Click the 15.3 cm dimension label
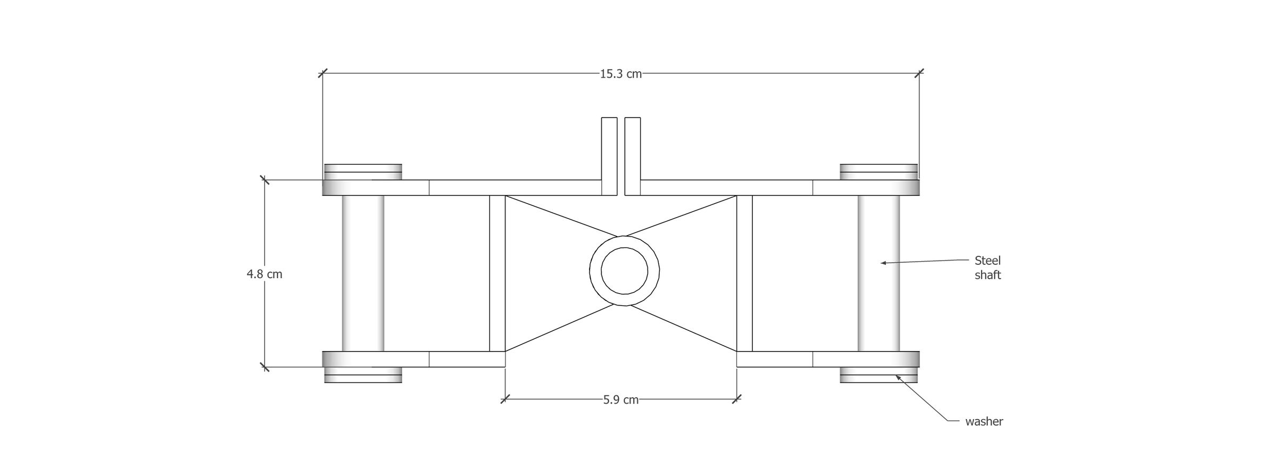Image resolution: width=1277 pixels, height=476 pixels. [x=620, y=74]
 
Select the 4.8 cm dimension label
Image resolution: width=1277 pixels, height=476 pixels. [x=264, y=274]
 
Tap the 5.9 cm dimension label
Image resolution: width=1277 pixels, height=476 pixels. [x=620, y=400]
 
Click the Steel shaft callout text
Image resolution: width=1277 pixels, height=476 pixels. [x=988, y=268]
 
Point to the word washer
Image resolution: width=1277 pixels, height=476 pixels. [x=984, y=422]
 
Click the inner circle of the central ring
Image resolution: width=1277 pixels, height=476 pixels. [x=624, y=271]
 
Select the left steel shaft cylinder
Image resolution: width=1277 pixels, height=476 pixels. [x=363, y=273]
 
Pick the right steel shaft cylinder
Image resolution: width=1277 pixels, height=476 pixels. [x=878, y=273]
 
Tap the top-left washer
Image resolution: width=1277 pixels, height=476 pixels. [x=363, y=172]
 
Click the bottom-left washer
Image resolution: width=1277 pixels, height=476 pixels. [x=363, y=375]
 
